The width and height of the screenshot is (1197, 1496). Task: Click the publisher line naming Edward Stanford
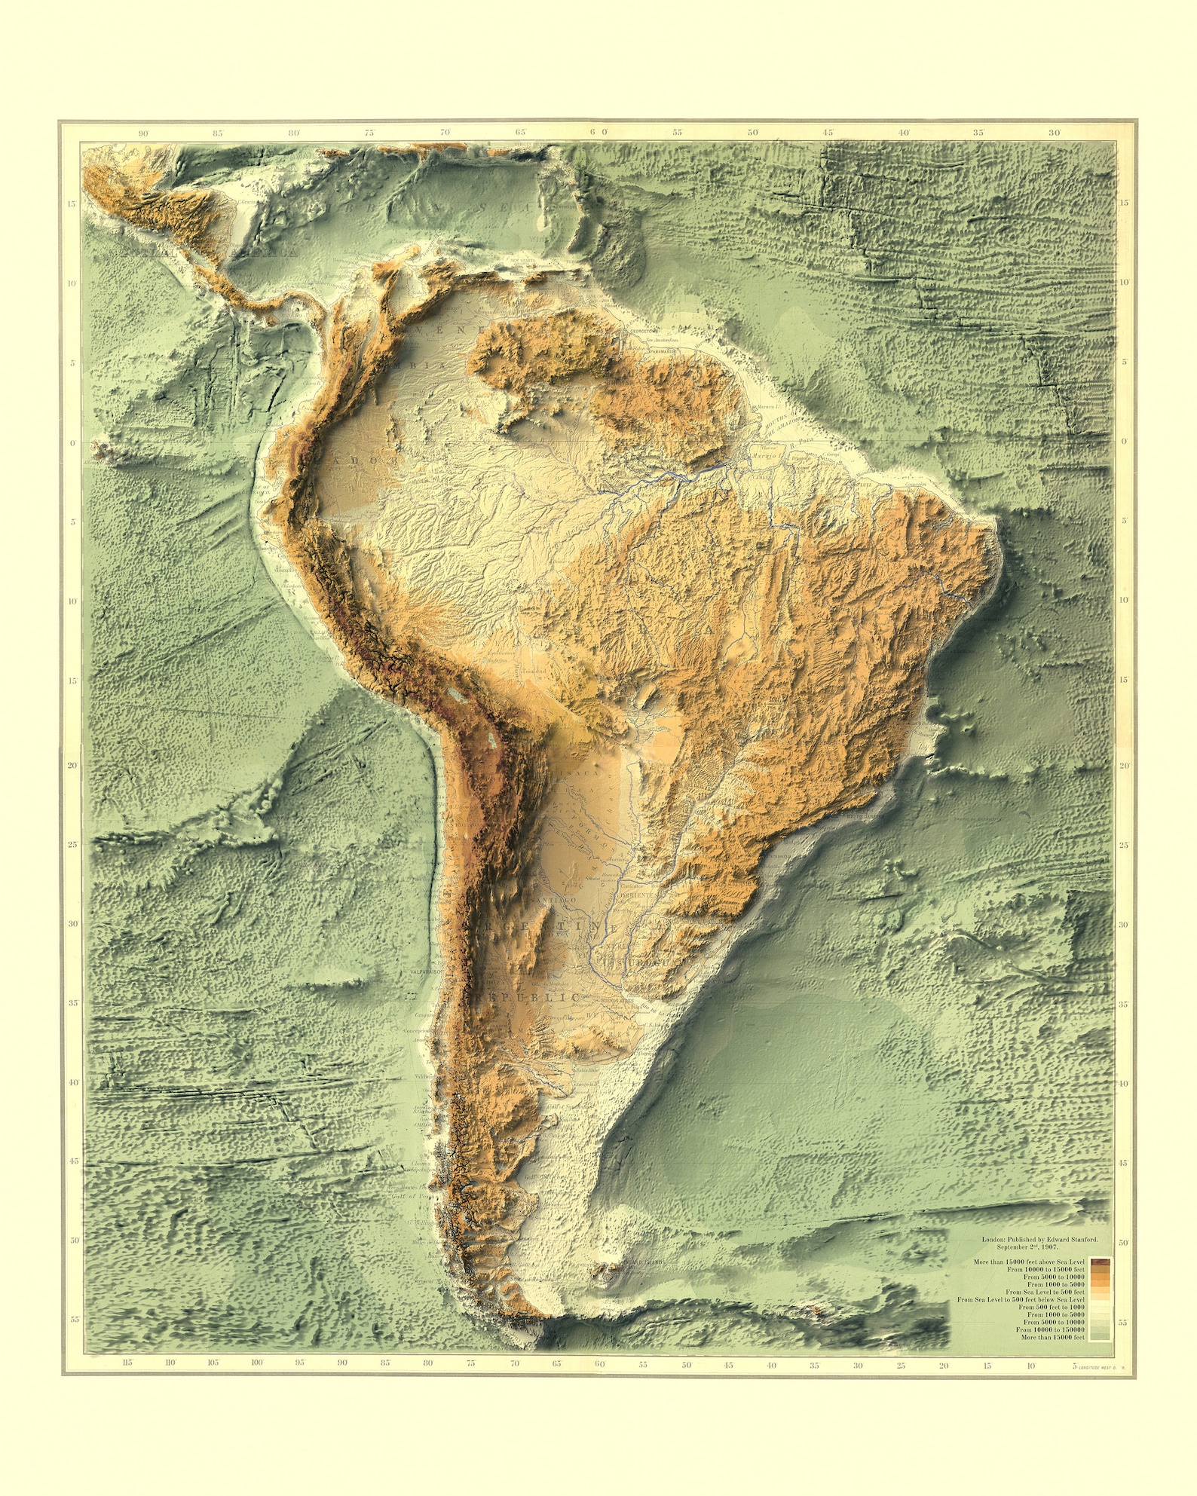(1039, 1239)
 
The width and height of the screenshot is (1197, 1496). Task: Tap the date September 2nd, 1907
(1039, 1247)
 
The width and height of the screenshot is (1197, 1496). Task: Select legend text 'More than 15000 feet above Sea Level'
(1028, 1262)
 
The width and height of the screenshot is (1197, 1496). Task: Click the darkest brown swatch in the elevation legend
(1100, 1262)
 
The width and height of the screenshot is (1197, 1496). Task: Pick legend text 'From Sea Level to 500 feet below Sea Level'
(1021, 1299)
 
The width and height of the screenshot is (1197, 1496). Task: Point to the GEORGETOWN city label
(643, 330)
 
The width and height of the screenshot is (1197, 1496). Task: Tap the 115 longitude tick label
(127, 1363)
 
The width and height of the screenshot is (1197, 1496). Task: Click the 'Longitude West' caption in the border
(1101, 1366)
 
